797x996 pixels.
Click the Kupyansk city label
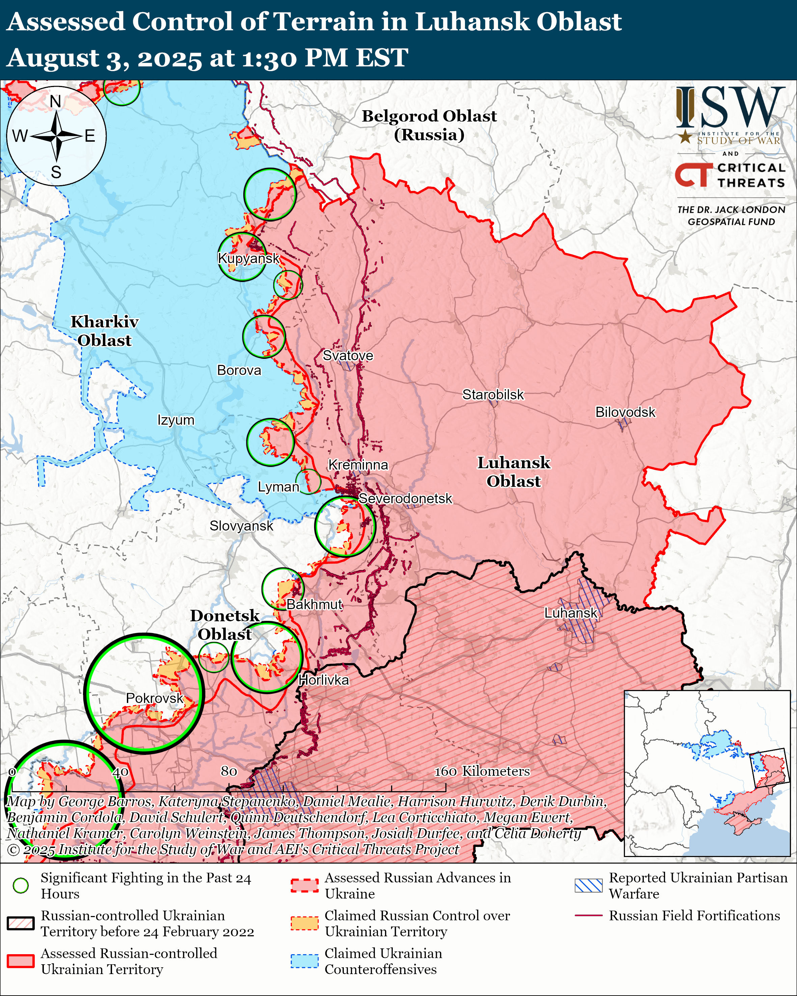[x=249, y=258]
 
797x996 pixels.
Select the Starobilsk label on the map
[x=493, y=395]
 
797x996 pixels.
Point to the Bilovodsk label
[x=625, y=412]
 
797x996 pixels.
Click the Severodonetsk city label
[x=405, y=499]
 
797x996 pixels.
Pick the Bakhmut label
[x=314, y=604]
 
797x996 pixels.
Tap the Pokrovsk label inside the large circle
[x=154, y=698]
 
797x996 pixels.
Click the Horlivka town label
[x=323, y=680]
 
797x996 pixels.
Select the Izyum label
[x=175, y=420]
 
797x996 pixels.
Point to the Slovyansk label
[x=241, y=526]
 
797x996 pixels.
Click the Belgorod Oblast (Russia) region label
[x=429, y=125]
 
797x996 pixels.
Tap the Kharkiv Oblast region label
[x=104, y=331]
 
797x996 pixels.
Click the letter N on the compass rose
[x=55, y=101]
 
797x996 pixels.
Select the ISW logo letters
[x=730, y=109]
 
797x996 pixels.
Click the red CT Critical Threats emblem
[x=693, y=175]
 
